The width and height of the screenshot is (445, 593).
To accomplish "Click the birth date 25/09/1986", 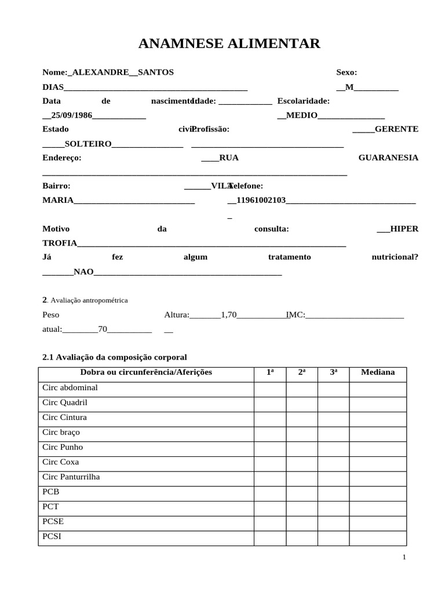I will (72, 115).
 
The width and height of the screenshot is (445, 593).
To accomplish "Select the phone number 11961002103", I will (261, 200).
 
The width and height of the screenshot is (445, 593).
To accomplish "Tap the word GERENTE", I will (396, 129).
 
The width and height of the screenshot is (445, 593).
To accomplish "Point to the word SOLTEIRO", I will (88, 144).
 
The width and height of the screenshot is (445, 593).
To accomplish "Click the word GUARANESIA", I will (388, 158).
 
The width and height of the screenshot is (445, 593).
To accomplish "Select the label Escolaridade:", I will (304, 101).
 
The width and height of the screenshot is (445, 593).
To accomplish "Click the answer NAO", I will (83, 271).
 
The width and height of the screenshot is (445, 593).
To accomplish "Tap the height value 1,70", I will (229, 315).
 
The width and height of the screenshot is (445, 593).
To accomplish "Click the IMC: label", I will (296, 315).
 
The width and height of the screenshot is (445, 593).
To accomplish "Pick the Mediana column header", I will (378, 372).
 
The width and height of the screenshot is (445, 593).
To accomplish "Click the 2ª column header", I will (302, 372).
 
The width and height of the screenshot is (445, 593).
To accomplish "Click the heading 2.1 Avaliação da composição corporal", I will (115, 357).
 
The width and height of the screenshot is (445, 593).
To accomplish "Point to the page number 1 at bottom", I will (404, 557).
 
